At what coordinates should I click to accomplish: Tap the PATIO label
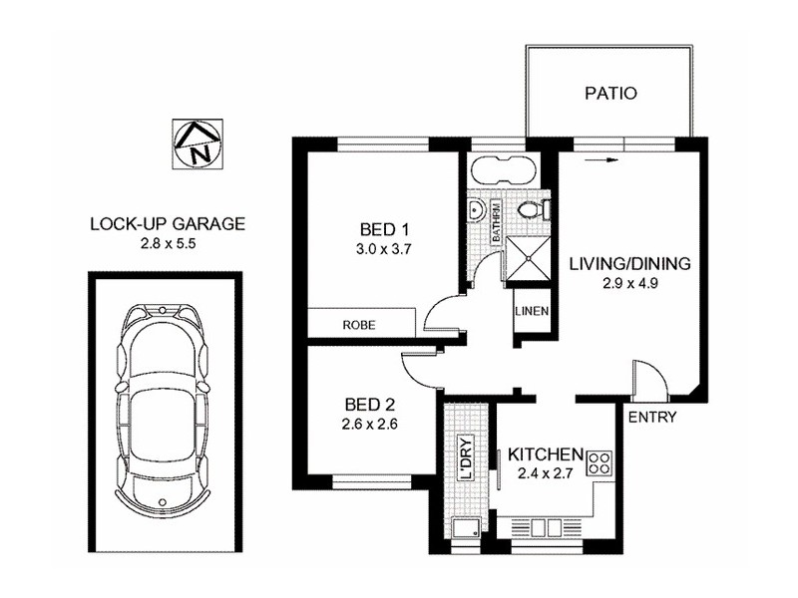[609, 96]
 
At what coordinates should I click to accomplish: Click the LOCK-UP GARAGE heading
[167, 224]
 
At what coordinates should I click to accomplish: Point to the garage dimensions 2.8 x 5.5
[167, 243]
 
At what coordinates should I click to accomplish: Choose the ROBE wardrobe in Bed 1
[359, 325]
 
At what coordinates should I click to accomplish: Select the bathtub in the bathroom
[504, 170]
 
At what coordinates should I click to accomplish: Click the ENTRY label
[653, 418]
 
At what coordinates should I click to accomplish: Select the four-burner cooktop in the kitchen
[600, 462]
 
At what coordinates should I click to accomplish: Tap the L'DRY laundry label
[464, 461]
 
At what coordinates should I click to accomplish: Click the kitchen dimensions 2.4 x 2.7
[544, 473]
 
